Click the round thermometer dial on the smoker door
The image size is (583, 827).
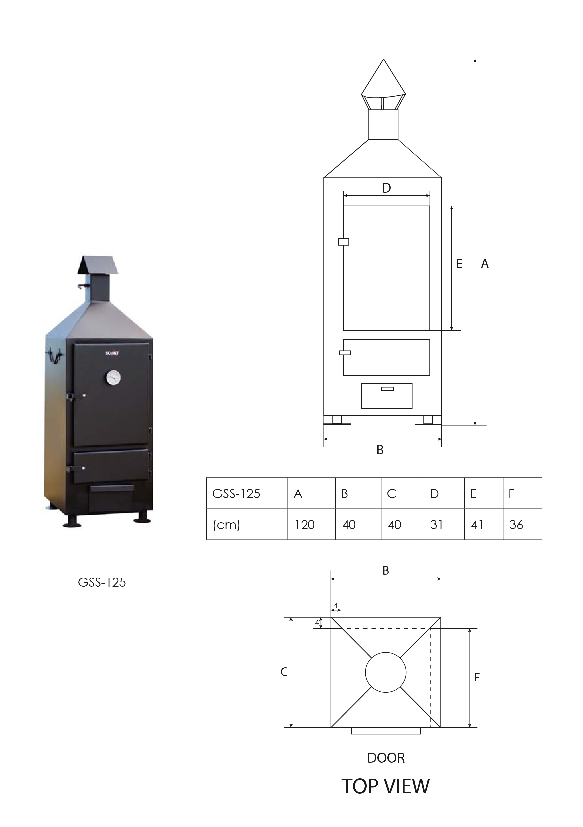pos(113,378)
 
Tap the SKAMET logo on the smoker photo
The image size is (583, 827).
pos(112,353)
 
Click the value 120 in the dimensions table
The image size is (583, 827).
pos(305,525)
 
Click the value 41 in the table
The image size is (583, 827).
pos(477,525)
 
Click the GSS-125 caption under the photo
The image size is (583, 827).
pos(102,583)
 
